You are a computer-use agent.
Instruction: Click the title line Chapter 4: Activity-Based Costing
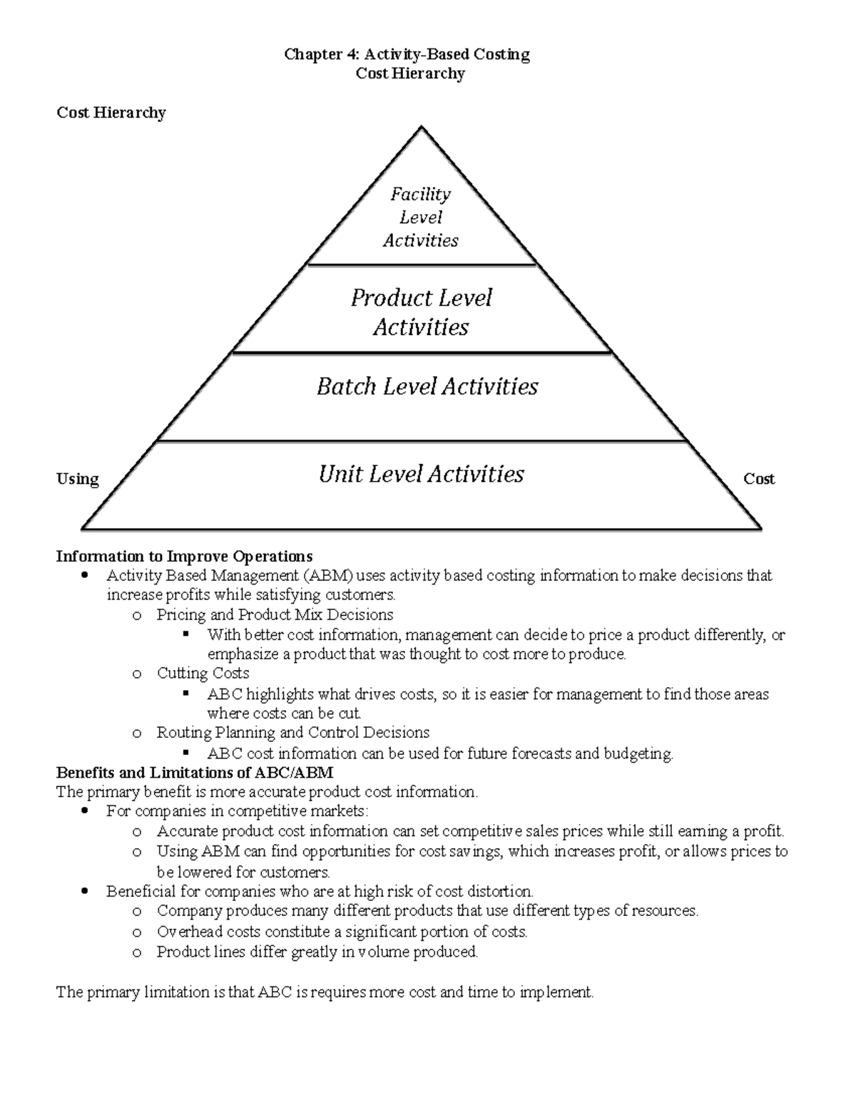pyautogui.click(x=407, y=54)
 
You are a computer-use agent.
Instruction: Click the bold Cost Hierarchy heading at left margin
pyautogui.click(x=111, y=113)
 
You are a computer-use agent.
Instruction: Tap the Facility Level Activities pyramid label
pyautogui.click(x=421, y=217)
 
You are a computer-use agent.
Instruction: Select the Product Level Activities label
pyautogui.click(x=421, y=312)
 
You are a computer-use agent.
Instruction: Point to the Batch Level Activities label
pyautogui.click(x=427, y=386)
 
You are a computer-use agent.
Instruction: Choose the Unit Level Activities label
pyautogui.click(x=421, y=474)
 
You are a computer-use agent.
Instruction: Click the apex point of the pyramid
pyautogui.click(x=422, y=128)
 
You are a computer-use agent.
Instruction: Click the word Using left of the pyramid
pyautogui.click(x=78, y=479)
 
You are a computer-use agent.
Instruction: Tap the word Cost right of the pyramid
pyautogui.click(x=759, y=479)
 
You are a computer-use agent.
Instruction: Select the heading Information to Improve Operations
pyautogui.click(x=184, y=556)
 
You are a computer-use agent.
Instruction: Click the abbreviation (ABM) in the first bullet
pyautogui.click(x=327, y=575)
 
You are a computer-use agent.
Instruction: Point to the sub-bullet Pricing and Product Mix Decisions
pyautogui.click(x=275, y=614)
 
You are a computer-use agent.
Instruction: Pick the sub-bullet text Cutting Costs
pyautogui.click(x=203, y=674)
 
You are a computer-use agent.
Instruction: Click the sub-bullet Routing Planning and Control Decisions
pyautogui.click(x=292, y=733)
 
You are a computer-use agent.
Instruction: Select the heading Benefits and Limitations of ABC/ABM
pyautogui.click(x=195, y=773)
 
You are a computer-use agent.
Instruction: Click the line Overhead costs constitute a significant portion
pyautogui.click(x=342, y=932)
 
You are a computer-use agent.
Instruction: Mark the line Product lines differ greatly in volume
pyautogui.click(x=317, y=952)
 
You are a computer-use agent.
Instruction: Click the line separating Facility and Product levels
pyautogui.click(x=421, y=264)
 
